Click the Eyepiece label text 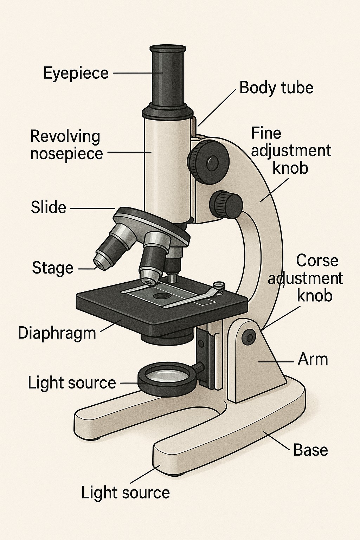[x=76, y=73]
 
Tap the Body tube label [x=276, y=88]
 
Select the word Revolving [x=65, y=136]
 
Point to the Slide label [x=49, y=207]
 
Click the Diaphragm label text [x=57, y=333]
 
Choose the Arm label [x=313, y=360]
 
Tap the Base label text [x=310, y=450]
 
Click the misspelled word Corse [x=317, y=261]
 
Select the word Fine [x=266, y=134]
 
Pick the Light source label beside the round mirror [x=72, y=383]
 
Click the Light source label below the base [x=126, y=493]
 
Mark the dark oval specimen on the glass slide [x=162, y=296]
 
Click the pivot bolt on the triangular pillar [x=250, y=337]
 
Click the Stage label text [x=53, y=268]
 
